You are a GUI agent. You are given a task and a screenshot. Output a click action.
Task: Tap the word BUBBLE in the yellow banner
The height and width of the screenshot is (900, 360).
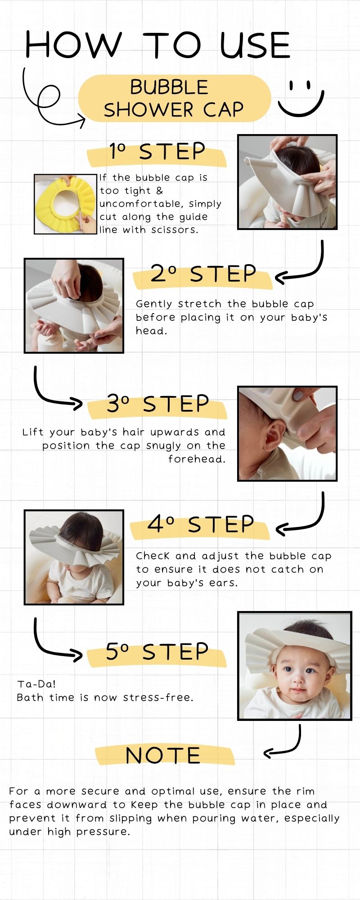169,87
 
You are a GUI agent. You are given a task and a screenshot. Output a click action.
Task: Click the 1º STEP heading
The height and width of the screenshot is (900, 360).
157,152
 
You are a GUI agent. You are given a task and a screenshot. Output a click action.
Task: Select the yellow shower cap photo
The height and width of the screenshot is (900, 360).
66,204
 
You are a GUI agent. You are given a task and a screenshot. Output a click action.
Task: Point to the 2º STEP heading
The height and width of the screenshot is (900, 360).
203,274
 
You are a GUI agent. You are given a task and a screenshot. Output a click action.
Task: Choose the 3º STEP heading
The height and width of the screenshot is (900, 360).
157,404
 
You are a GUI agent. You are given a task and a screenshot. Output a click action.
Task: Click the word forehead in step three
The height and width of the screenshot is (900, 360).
197,459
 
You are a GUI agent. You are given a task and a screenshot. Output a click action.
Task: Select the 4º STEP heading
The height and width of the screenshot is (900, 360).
201,524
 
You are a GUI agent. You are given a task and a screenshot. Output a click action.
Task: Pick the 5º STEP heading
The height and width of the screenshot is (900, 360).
157,652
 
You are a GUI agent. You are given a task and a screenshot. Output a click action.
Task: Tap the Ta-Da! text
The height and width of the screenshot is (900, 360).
37,684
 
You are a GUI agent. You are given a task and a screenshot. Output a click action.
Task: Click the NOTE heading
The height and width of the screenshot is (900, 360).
163,756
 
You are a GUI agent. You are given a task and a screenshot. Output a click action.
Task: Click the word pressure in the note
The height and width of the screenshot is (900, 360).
101,832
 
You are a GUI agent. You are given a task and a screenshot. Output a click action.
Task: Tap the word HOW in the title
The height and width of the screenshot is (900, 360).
73,45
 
